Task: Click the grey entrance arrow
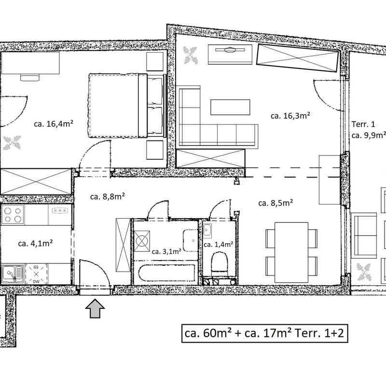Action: (95, 308)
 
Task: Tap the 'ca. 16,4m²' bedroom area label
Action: (54, 124)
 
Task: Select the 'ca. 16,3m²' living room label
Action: (290, 115)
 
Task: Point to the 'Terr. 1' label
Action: (363, 124)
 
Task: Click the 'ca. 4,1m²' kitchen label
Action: (35, 243)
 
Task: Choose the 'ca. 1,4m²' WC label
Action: (219, 245)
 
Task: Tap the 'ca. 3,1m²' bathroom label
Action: (166, 251)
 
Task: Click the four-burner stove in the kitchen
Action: (13, 214)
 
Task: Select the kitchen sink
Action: (13, 274)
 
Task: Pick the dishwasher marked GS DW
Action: (36, 274)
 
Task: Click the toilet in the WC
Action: (220, 264)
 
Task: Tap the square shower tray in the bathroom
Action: (142, 241)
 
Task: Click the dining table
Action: (291, 252)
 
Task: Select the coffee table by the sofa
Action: (230, 107)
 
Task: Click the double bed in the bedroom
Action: (126, 105)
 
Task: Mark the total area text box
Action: (264, 333)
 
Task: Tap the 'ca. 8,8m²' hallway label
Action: (107, 196)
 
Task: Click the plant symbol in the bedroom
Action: (12, 142)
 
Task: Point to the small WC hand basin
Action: (207, 231)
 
